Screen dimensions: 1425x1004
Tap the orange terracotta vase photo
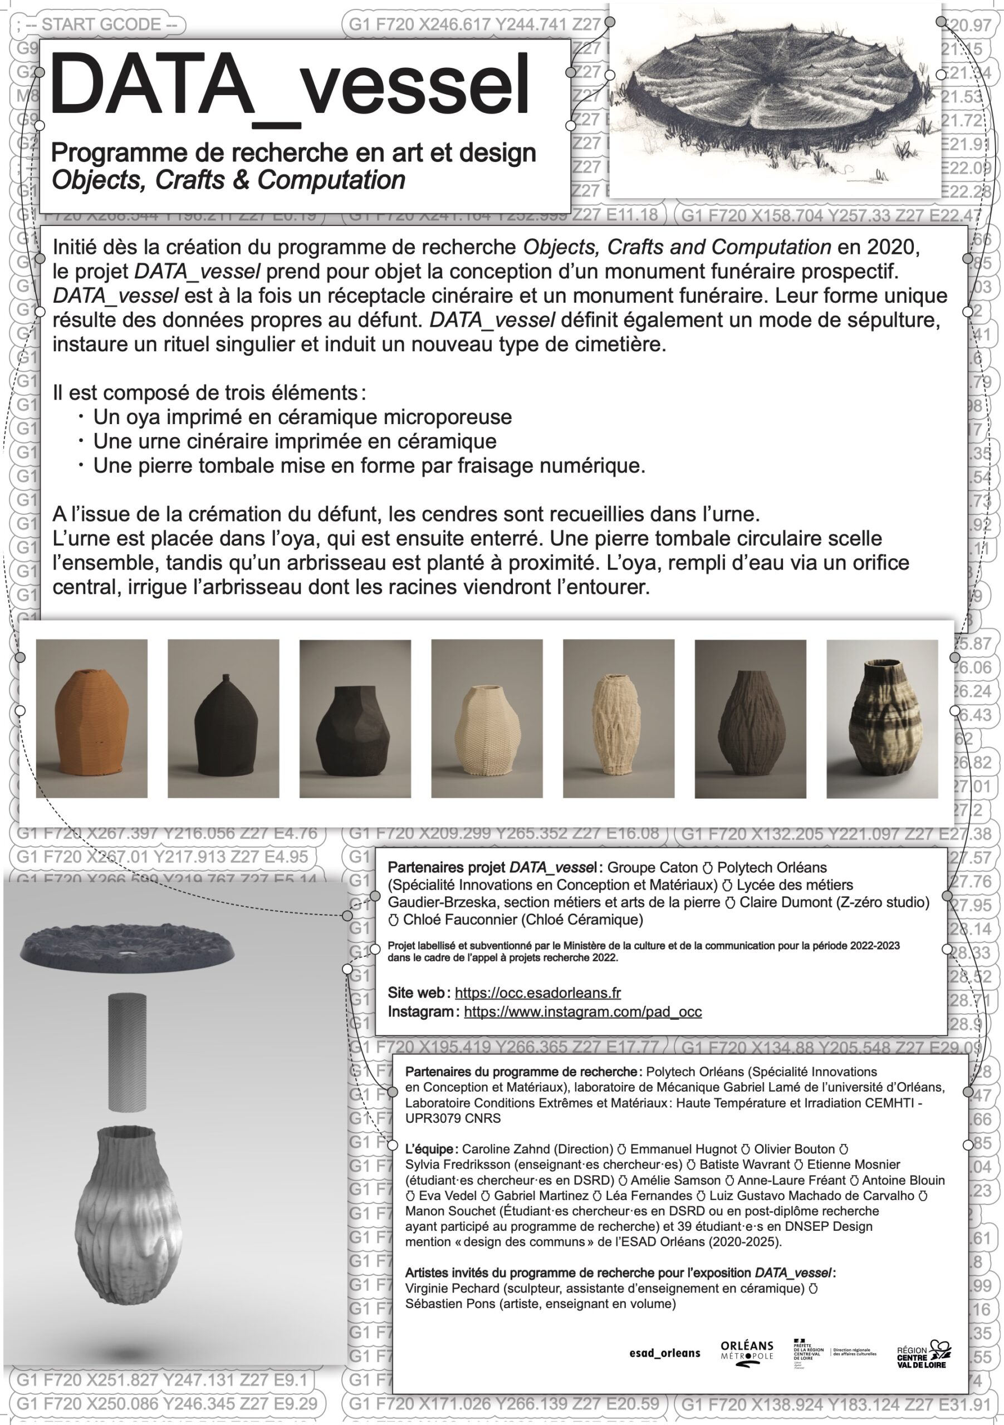point(92,718)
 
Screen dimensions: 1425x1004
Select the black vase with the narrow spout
point(223,718)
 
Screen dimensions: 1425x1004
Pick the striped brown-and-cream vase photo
point(881,718)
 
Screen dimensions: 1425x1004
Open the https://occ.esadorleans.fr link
point(538,992)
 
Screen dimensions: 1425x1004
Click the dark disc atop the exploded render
point(128,948)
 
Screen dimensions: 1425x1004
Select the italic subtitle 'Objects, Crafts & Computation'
point(228,180)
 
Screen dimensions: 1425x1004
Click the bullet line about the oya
point(302,417)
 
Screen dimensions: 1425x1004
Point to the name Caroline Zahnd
point(506,1149)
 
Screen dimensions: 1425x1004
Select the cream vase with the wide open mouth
point(487,718)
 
